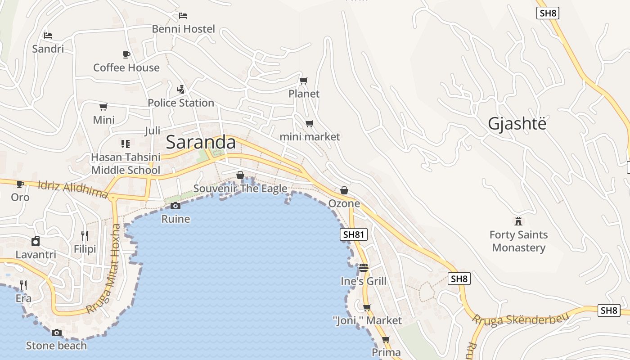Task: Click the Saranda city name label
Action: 201,142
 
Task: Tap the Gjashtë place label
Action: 517,124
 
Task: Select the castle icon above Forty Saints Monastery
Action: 518,221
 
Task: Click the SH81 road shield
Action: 353,234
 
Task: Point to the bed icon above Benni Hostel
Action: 183,16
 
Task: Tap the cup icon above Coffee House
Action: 126,54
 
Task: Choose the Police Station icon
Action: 181,89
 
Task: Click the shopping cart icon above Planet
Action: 304,81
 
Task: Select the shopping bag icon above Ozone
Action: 344,190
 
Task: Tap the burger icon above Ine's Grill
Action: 364,268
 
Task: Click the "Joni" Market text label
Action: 367,320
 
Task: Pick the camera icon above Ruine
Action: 175,206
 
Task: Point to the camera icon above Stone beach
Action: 57,333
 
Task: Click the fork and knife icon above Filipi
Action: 85,235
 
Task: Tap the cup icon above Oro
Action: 20,184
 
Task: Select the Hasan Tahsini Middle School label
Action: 126,164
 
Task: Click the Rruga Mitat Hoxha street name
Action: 104,269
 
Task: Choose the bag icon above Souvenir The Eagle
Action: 240,175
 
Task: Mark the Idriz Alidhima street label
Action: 73,189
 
